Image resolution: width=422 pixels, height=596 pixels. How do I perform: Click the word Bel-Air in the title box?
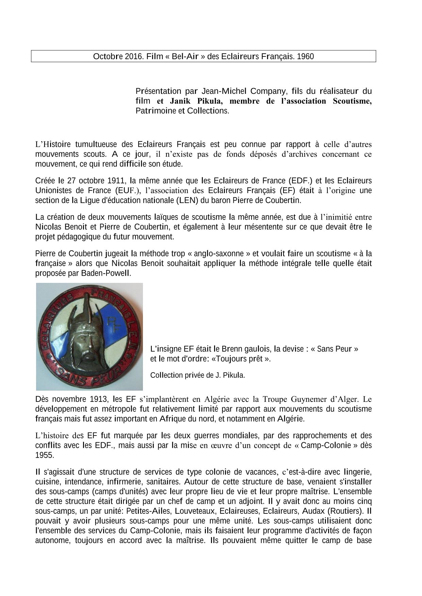coord(185,56)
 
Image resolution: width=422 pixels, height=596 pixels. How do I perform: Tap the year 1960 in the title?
coord(305,56)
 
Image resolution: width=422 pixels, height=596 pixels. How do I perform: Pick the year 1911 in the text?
coord(117,180)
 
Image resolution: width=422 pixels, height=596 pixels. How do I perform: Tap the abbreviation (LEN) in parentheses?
coord(187,200)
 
